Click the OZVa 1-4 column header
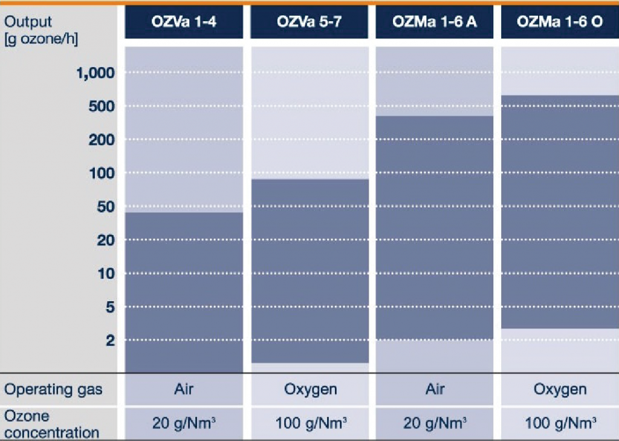tap(184, 22)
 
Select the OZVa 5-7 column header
tap(309, 22)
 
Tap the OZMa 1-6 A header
tap(434, 22)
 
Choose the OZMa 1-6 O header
tap(559, 22)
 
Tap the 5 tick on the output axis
tap(109, 307)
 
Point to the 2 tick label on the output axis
tap(109, 341)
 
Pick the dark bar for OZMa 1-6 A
tap(434, 227)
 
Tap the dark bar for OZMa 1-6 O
tap(559, 212)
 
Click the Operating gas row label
tap(53, 390)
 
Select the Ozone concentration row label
tap(51, 424)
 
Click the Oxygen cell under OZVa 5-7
tap(310, 390)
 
